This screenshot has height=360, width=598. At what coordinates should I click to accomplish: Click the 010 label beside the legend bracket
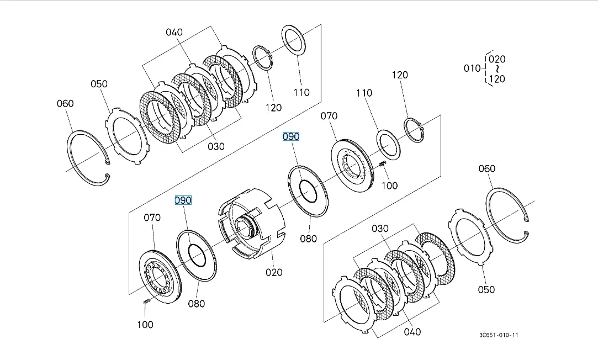click(472, 68)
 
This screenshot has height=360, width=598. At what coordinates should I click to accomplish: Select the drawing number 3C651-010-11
click(499, 335)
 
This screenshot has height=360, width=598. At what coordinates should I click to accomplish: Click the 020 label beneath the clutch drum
click(273, 272)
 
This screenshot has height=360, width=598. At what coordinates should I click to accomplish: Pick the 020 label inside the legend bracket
click(497, 59)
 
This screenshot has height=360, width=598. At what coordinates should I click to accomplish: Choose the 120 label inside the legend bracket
click(497, 79)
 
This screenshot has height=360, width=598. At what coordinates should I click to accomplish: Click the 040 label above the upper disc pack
click(174, 32)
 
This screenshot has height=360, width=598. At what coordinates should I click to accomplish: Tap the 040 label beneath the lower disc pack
click(412, 331)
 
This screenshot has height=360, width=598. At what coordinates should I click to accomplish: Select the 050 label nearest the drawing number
click(486, 289)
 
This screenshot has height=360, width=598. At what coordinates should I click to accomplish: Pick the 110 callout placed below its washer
click(301, 92)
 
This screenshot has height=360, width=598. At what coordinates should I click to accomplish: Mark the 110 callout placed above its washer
click(364, 93)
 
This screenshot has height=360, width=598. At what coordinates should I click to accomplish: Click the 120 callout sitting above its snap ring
click(400, 75)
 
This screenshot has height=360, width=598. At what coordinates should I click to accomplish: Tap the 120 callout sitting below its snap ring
click(273, 108)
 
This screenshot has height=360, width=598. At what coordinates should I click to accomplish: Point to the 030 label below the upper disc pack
click(216, 146)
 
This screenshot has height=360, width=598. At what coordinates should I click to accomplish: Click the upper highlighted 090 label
click(290, 136)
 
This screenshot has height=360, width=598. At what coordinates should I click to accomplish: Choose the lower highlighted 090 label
click(183, 200)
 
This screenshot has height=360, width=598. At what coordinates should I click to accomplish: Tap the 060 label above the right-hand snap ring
click(486, 168)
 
